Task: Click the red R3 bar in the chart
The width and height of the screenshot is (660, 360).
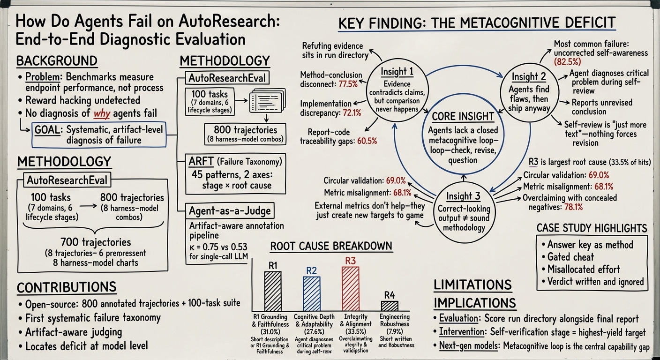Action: coord(350,289)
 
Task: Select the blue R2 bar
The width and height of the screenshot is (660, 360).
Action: coord(311,294)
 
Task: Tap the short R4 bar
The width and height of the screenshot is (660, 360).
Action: coord(390,306)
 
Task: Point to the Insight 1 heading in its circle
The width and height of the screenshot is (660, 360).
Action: coord(397,72)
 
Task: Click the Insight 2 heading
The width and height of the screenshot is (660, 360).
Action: coord(529,76)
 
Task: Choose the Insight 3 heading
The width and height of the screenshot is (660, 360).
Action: coord(464,196)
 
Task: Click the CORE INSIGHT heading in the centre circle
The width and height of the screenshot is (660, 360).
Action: coord(463,116)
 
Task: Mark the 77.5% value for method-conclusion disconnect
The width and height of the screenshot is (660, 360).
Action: coord(348,84)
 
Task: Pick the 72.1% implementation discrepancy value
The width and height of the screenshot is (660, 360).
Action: coord(352,113)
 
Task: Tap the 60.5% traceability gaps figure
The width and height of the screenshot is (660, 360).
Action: coord(367,141)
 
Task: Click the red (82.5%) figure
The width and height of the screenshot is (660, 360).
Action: coord(567,61)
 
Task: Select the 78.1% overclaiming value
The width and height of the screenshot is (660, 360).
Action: coord(574,207)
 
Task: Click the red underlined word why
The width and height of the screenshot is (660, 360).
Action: coord(102,113)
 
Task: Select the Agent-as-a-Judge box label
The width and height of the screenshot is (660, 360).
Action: coord(230,210)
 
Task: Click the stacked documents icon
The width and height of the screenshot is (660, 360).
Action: coord(268,101)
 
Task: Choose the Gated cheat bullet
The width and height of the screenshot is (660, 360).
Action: coord(568,257)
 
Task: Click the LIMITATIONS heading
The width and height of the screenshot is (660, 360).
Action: coord(472,285)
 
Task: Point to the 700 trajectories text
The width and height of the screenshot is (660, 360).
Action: coord(96,242)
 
